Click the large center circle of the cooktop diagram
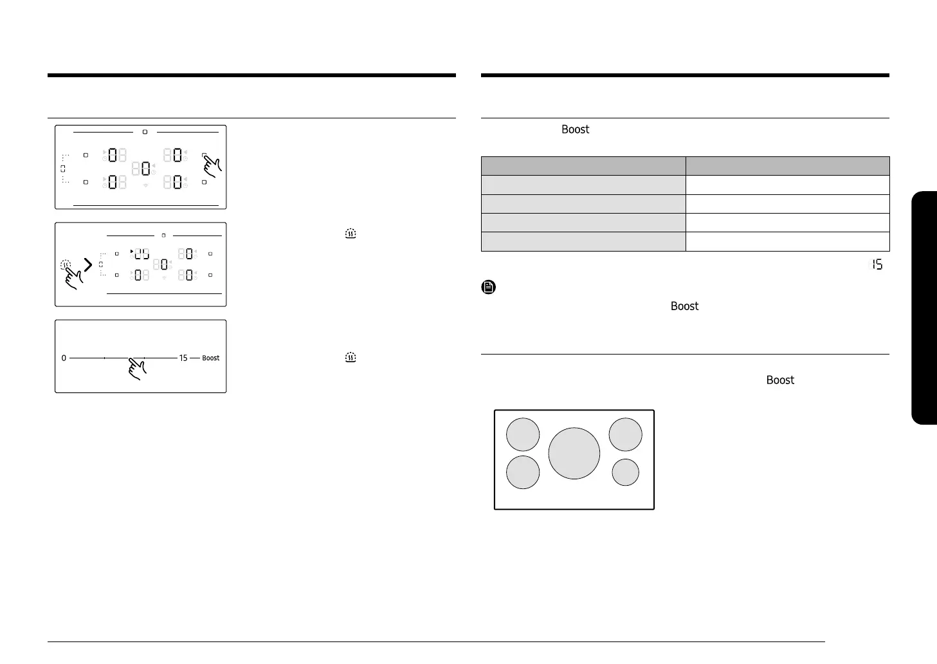pyautogui.click(x=574, y=453)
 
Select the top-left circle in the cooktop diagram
pyautogui.click(x=523, y=434)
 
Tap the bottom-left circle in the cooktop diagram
pyautogui.click(x=523, y=472)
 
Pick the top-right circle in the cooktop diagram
pyautogui.click(x=625, y=434)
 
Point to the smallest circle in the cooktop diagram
pyautogui.click(x=625, y=472)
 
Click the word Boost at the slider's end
pyautogui.click(x=210, y=358)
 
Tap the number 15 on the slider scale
pyautogui.click(x=183, y=358)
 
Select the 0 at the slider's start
pyautogui.click(x=64, y=358)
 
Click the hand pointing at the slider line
pyautogui.click(x=137, y=369)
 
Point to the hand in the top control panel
pyautogui.click(x=212, y=166)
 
